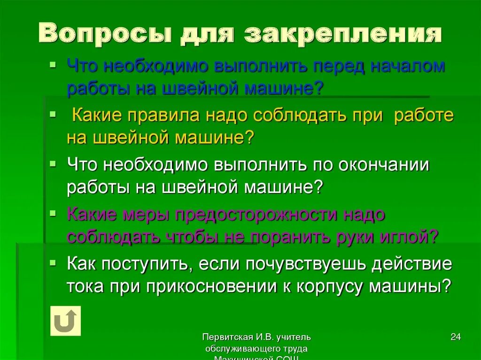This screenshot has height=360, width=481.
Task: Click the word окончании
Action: point(386,165)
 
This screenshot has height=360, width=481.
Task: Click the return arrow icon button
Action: point(65,321)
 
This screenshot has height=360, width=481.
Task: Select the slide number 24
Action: point(455,337)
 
